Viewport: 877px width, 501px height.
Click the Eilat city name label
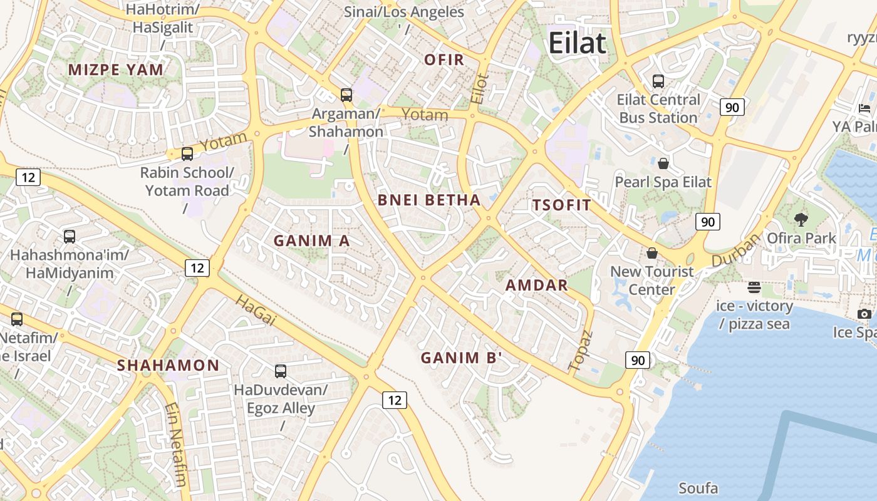coord(577,43)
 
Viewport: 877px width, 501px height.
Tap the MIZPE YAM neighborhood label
coord(116,70)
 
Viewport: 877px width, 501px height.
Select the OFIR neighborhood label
coord(444,60)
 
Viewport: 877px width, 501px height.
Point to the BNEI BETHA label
coord(429,200)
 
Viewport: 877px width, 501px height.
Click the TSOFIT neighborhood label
coord(561,205)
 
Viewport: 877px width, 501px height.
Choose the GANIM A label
coord(311,240)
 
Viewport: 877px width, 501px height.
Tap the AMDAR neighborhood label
coord(536,286)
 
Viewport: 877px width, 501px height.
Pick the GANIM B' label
coord(462,358)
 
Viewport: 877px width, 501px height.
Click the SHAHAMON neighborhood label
coord(169,365)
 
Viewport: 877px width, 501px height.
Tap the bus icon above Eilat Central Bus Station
coord(658,81)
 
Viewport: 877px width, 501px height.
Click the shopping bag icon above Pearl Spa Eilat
coord(663,164)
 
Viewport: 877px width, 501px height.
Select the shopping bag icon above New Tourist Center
coord(652,253)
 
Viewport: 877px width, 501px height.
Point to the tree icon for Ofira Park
coord(801,219)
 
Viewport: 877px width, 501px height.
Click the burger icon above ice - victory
coord(754,287)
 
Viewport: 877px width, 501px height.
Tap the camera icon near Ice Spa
coord(864,314)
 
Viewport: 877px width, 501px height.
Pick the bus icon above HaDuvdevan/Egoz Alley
coord(281,371)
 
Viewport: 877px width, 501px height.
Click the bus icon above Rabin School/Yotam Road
coord(187,154)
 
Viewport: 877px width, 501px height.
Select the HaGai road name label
coord(256,311)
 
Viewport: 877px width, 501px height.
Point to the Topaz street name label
coord(580,350)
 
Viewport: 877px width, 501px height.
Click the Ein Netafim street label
coord(176,445)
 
